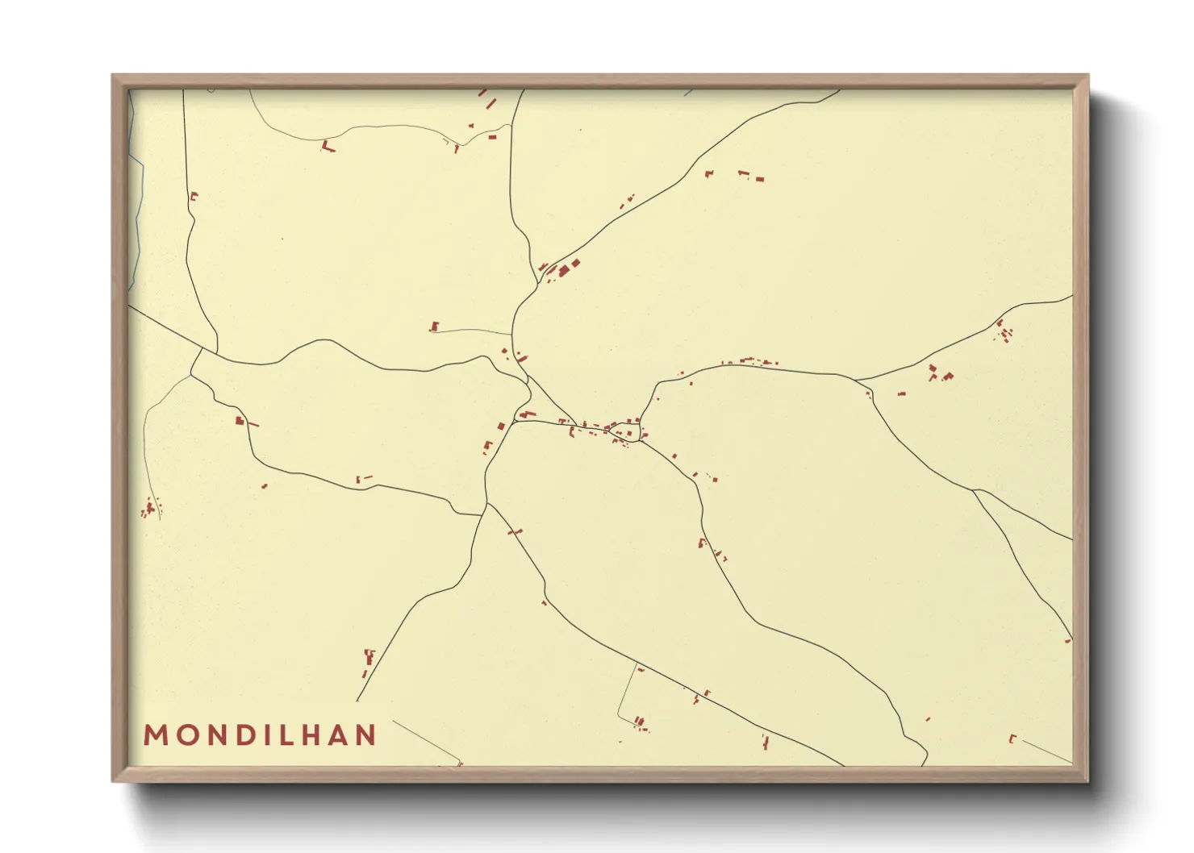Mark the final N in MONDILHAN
click(367, 735)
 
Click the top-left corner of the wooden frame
click(113, 76)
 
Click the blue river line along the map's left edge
click(136, 210)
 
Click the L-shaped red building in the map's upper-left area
click(327, 147)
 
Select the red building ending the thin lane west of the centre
click(435, 327)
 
